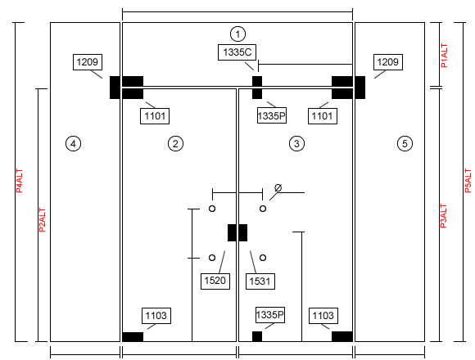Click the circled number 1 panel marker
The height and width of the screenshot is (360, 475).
237,34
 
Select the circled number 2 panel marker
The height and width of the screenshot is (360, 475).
175,143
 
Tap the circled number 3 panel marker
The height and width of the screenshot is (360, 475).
296,143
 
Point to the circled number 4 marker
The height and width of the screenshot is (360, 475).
73,143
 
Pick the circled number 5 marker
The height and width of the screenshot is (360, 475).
405,143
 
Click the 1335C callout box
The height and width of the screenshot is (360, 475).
237,52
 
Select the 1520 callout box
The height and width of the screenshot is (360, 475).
215,281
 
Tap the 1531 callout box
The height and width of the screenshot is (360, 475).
260,281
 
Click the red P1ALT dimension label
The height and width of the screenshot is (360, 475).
444,56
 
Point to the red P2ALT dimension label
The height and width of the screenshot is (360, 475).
42,220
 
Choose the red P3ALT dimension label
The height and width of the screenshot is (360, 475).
443,216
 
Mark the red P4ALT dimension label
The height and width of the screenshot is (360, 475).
20,181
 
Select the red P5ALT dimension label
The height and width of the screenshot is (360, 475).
468,181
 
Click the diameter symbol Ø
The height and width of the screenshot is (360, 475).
278,188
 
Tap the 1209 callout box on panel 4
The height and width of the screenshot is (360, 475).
88,62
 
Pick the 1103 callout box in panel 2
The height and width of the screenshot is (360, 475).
156,316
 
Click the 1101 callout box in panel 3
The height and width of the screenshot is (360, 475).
323,116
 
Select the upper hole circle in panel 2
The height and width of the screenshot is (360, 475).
212,209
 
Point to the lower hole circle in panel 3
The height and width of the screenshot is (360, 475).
263,258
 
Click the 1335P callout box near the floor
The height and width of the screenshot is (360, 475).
270,315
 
